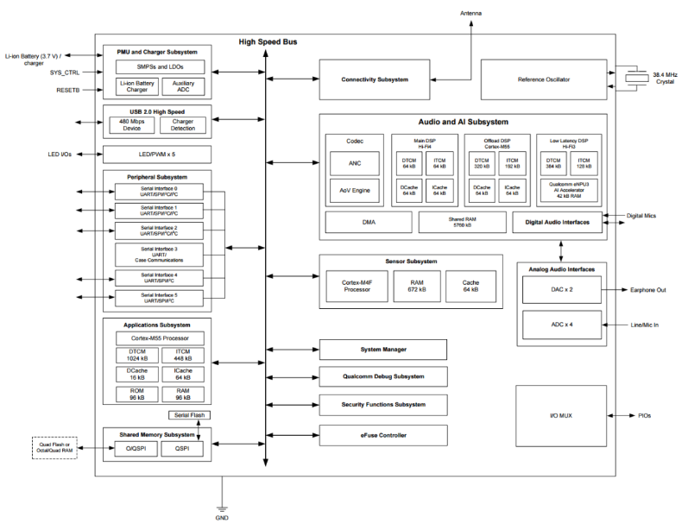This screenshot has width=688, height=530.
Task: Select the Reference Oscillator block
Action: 544,79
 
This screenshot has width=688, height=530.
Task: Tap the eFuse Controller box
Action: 383,434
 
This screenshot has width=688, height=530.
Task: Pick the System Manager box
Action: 383,350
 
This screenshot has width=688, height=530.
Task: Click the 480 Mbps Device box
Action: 131,125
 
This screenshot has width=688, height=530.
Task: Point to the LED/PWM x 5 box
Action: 156,155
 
